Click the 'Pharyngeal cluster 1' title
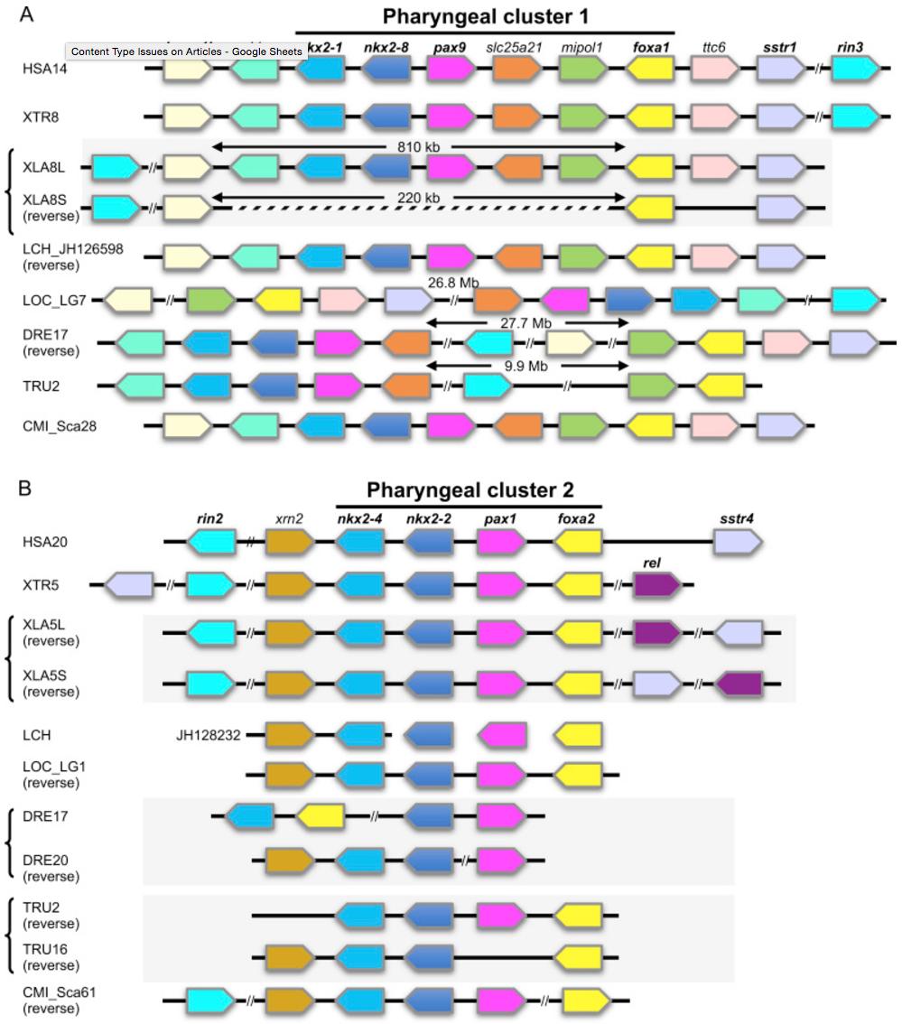486,16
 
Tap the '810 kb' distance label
418,144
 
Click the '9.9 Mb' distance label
527,366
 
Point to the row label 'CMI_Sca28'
60,424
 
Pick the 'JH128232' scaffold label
207,735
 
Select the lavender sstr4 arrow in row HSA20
738,541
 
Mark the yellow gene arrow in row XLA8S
650,209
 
